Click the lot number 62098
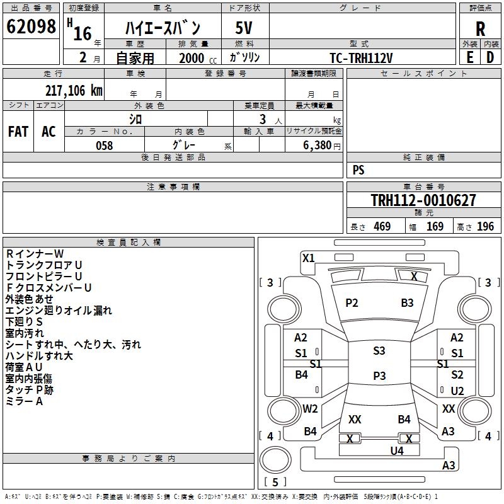31,26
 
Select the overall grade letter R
480,29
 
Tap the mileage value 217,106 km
74,91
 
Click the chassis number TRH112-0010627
423,200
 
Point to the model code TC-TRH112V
361,58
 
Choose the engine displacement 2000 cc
198,59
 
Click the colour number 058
105,146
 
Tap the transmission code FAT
18,132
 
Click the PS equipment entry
358,169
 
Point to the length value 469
382,227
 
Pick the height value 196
485,227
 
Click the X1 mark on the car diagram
308,258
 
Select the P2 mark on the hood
352,303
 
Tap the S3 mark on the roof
379,351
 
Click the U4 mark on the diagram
397,451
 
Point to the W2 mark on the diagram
310,409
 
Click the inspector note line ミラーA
24,401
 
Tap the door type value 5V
244,28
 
